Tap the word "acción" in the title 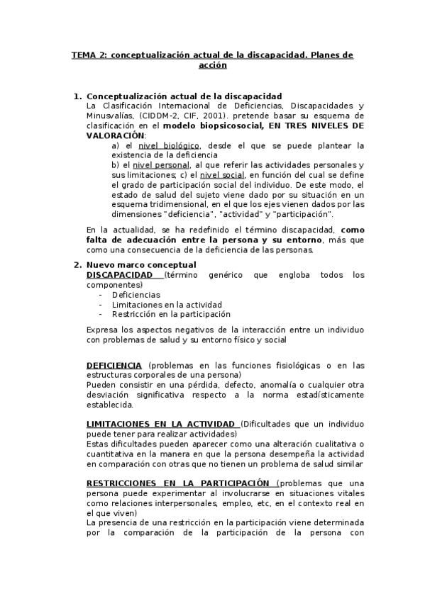coord(212,65)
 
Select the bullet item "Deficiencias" coord(136,295)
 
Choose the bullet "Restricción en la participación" coord(171,314)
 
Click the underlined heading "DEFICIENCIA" coord(114,366)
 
